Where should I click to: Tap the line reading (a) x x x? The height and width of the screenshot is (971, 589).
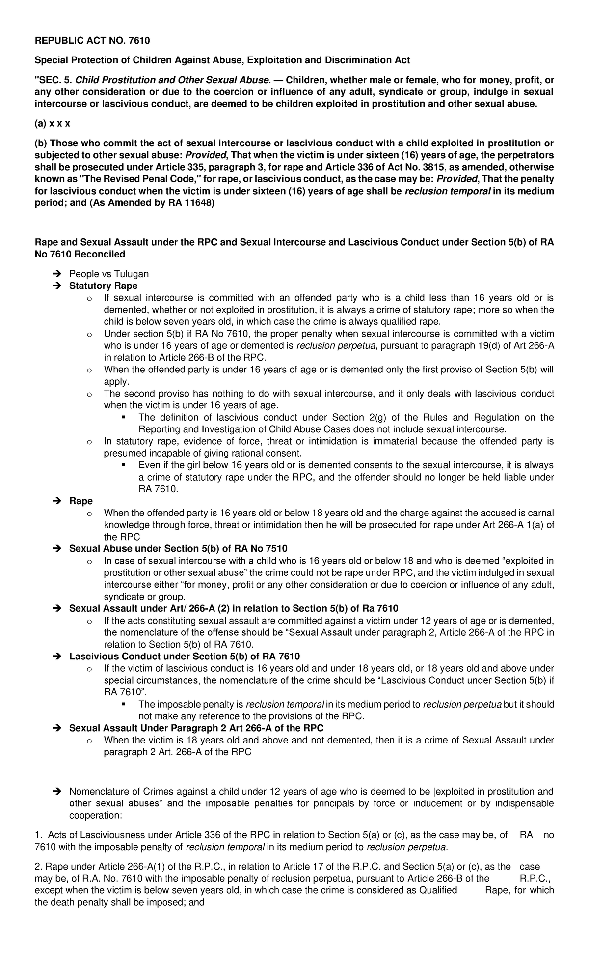52,124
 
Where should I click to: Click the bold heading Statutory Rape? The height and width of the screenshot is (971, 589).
103,286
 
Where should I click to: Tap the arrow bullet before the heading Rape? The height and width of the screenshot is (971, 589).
56,501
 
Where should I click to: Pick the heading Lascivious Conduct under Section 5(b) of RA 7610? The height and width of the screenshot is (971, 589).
184,657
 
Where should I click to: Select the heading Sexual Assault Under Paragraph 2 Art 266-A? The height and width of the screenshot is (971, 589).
196,728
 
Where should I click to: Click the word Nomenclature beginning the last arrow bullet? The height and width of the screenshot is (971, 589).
99,792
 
